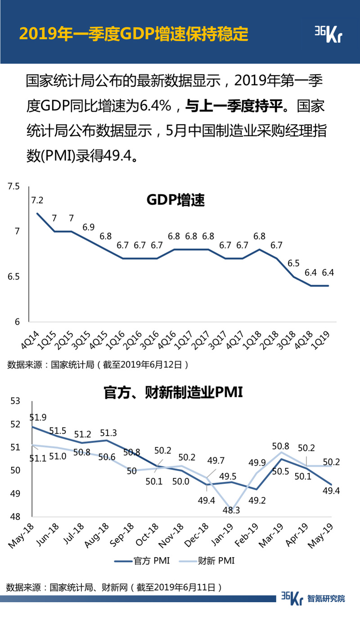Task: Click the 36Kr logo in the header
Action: (328, 34)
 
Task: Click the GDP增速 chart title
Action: (175, 200)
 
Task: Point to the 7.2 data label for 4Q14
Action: (37, 200)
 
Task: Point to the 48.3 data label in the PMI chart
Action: (232, 510)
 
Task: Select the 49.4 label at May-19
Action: (331, 491)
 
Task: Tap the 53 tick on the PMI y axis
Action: (15, 401)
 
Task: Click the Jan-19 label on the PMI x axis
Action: (224, 534)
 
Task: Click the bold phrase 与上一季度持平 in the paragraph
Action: (235, 106)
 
